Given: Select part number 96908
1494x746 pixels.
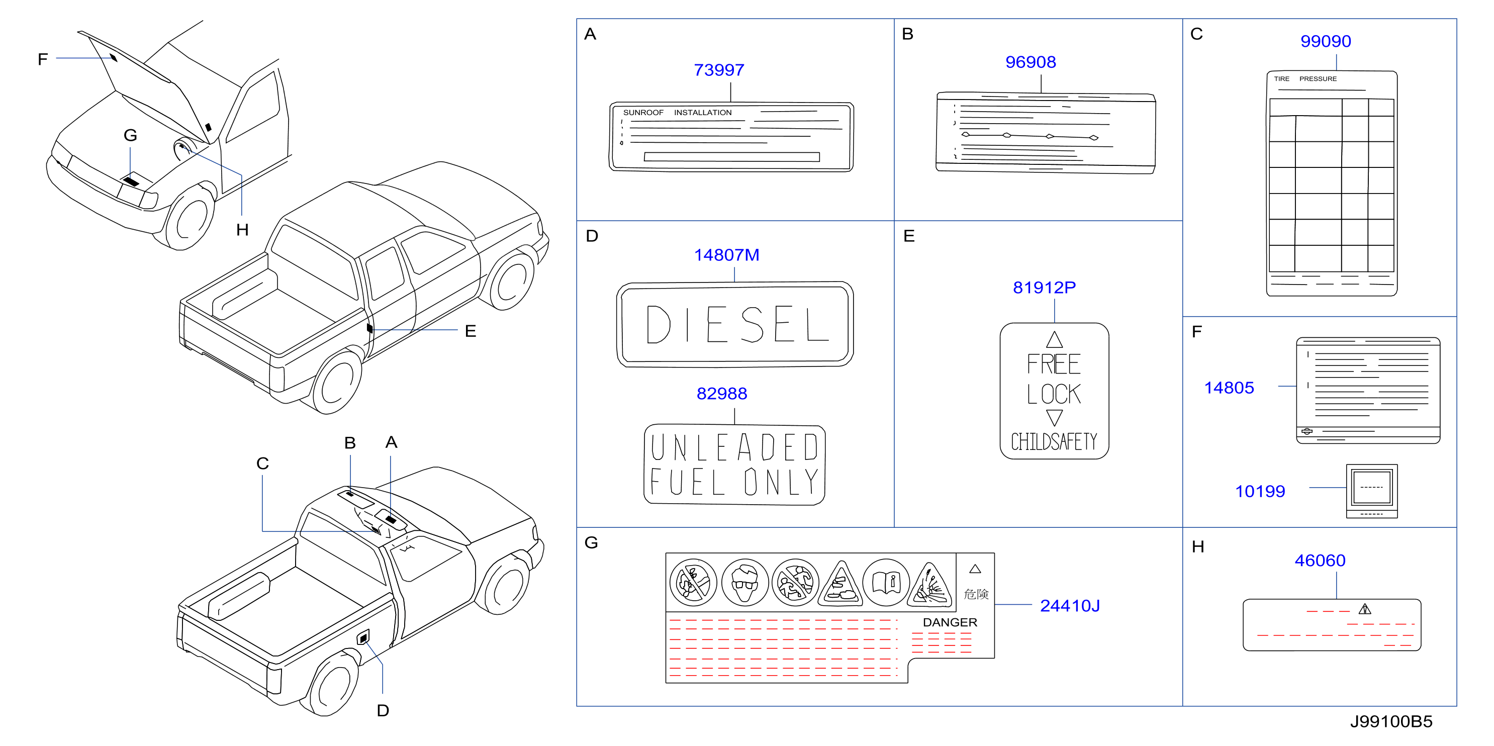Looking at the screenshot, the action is tap(1030, 62).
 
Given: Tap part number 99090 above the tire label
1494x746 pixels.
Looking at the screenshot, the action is tap(1325, 41).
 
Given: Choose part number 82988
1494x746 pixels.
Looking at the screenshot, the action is tap(721, 394).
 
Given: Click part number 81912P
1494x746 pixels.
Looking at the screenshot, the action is tap(1044, 288).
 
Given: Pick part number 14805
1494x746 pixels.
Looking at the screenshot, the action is tap(1229, 388).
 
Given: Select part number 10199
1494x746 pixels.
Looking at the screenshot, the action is tap(1260, 492).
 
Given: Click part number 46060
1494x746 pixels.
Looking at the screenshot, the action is tap(1320, 561).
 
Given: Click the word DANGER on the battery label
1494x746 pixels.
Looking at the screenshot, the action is tap(950, 622).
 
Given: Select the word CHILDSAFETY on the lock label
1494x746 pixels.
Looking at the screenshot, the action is tap(1054, 442).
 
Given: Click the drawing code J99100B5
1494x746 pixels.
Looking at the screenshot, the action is tap(1391, 722).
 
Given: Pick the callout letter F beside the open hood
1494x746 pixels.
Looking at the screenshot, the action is tap(42, 59).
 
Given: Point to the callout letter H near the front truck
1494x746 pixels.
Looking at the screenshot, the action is tap(242, 230).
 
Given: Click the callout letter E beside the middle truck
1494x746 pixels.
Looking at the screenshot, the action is tap(471, 331).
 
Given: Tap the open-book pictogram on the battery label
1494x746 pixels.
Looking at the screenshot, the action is tap(886, 583).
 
